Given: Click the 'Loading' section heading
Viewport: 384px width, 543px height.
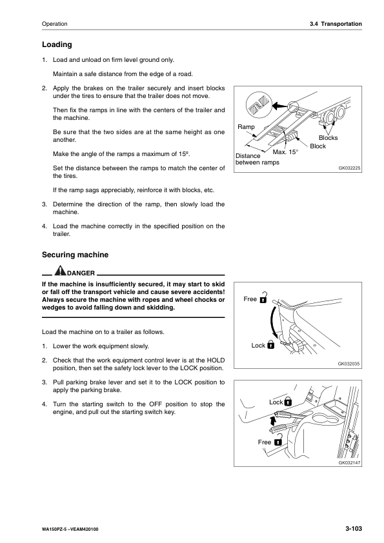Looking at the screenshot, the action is click(x=57, y=44).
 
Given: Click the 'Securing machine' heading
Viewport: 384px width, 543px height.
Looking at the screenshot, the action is click(x=76, y=255).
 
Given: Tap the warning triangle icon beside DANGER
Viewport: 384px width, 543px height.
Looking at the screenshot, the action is click(x=60, y=270).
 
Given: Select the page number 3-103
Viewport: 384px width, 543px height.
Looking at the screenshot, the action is click(x=354, y=528).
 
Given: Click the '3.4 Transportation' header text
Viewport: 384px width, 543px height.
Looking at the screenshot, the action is click(x=336, y=24).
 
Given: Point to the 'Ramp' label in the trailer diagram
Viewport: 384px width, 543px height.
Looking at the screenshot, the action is click(x=246, y=127).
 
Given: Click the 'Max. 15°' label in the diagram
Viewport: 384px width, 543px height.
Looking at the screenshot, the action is click(x=285, y=152).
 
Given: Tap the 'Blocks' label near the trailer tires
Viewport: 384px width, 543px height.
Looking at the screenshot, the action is click(x=328, y=138).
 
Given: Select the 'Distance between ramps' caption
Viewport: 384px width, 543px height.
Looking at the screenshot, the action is click(x=257, y=159).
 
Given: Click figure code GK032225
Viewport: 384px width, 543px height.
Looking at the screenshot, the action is click(x=349, y=168).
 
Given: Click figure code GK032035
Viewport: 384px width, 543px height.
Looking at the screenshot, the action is click(x=349, y=364).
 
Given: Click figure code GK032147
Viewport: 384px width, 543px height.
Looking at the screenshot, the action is click(x=349, y=462).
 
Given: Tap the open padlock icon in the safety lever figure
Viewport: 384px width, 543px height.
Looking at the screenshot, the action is click(x=263, y=297).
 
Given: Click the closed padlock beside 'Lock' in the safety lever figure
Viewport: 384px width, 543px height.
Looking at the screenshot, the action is click(x=270, y=344).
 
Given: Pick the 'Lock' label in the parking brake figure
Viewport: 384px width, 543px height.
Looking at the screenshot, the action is click(x=276, y=402).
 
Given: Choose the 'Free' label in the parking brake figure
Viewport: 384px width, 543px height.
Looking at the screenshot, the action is click(x=265, y=442).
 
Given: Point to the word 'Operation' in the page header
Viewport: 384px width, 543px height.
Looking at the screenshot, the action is click(x=54, y=24).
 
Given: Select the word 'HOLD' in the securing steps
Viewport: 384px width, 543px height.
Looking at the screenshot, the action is click(x=216, y=360).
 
